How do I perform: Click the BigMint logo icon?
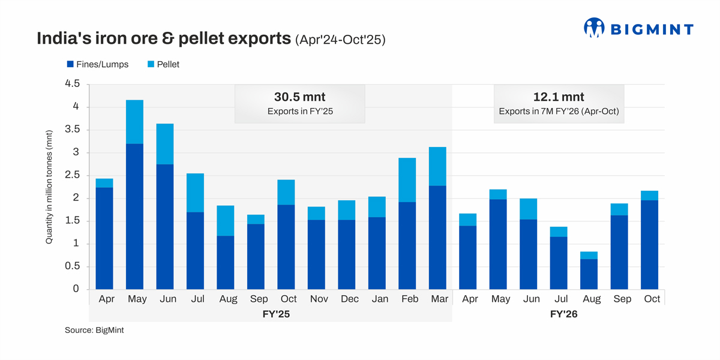[593, 28]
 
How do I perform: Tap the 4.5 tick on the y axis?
[72, 84]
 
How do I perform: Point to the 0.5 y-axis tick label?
[72, 266]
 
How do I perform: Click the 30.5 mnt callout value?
[299, 97]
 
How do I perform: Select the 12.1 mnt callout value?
[558, 97]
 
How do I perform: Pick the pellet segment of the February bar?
[408, 180]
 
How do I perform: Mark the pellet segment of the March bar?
[438, 166]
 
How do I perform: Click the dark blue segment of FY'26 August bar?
[590, 274]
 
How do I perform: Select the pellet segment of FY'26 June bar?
[529, 209]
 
